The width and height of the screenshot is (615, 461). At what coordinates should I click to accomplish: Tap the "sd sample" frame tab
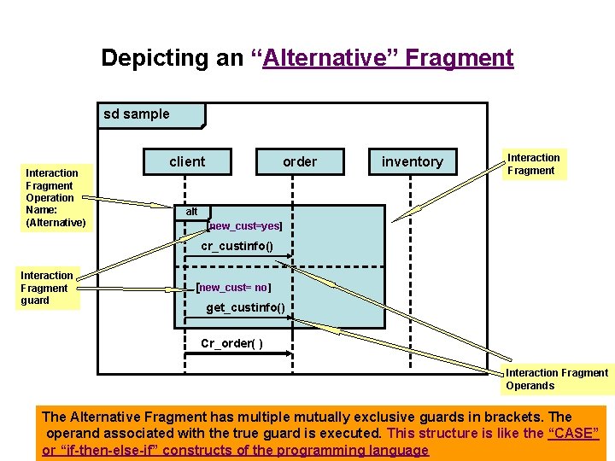coord(138,114)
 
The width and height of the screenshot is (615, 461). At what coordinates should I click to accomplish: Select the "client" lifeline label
coord(187,161)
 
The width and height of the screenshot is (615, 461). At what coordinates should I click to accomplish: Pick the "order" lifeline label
coord(300,161)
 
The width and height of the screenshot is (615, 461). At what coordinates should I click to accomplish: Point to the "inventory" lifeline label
coord(412,161)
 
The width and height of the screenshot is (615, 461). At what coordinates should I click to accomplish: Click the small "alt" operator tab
coord(191,212)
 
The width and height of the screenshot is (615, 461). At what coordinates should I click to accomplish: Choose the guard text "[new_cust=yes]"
coord(244,227)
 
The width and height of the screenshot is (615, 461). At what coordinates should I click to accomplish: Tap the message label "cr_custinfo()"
coord(237,247)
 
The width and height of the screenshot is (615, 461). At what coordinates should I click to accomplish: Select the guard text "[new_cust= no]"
coord(233,288)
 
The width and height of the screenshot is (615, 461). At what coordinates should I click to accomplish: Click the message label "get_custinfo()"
coord(245,307)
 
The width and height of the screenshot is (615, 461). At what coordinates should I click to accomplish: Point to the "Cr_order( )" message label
coord(231,344)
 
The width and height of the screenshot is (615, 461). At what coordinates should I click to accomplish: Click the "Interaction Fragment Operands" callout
coord(556,379)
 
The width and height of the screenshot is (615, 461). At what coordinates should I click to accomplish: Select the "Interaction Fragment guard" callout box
coord(48,288)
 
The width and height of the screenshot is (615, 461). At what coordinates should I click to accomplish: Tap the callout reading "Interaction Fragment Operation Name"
coord(56,198)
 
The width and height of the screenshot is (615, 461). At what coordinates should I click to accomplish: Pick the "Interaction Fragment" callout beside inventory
coord(534,164)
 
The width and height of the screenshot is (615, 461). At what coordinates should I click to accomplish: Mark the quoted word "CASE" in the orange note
coord(572,433)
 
